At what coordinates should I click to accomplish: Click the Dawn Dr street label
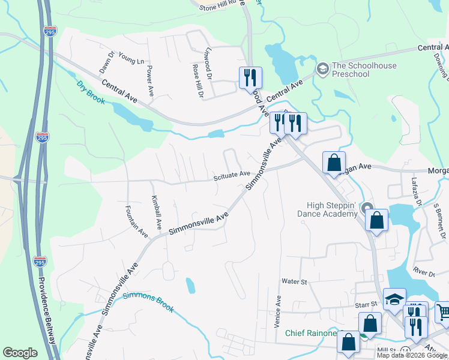coord(106,62)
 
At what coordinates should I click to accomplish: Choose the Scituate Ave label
coord(232,174)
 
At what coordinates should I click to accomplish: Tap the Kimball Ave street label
coord(156,212)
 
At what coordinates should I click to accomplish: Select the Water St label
coord(294,281)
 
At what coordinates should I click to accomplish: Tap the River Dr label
coord(424,273)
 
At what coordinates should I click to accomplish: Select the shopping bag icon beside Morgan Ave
coord(334,162)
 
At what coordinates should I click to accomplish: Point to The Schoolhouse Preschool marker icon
coord(322,70)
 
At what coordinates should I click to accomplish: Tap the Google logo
coord(20,353)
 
